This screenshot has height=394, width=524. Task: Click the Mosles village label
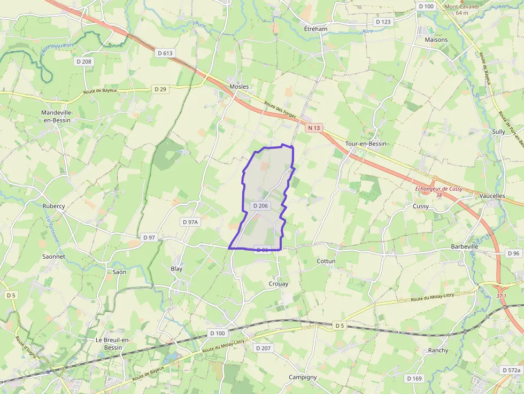pos(239,87)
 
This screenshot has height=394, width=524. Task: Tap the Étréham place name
pos(315,28)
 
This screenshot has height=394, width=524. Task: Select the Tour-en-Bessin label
pos(366,144)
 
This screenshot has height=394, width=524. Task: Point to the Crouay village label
pos(278,284)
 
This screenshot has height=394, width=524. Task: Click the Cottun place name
pos(326,261)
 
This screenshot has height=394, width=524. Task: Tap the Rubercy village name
pos(53,206)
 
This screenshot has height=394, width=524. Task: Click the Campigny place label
pos(303,377)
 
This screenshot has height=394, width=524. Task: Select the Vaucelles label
pos(492,196)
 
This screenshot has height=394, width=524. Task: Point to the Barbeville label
pos(464,246)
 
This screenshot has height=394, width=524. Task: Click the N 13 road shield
pos(314,128)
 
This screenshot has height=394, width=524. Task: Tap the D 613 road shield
pos(166,53)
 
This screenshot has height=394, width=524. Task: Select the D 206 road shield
pos(259,206)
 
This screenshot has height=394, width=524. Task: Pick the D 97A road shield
pos(190,222)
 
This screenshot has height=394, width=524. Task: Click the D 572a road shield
pos(511,370)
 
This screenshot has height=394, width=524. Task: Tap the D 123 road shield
pos(383,22)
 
